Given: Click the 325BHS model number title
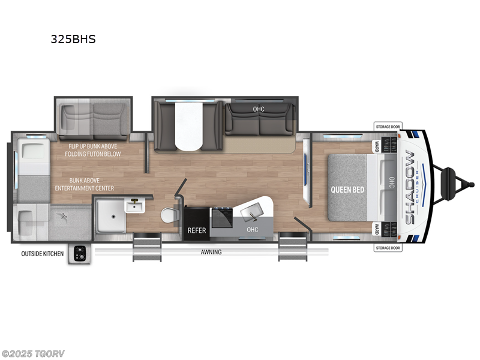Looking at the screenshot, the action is pos(73,39).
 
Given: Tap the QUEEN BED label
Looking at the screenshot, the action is pos(347,190).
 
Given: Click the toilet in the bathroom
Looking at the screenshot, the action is pos(169,215).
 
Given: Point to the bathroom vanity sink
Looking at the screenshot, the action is pos(134,205).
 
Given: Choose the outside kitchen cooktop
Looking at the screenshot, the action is pos(80,254).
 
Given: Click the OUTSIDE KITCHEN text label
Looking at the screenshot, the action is pos(42,254).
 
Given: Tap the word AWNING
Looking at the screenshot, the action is pos(211,252).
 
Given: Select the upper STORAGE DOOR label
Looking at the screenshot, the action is pos(388,127).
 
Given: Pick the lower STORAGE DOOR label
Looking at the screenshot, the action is pos(388,248).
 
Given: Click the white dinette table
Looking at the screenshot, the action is pos(188,126).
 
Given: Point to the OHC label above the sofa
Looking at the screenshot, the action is pos(259,109).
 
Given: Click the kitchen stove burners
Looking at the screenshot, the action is pos(223,217).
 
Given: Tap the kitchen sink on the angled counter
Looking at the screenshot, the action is pos(252,212).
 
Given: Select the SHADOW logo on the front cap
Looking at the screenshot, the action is pos(410,187).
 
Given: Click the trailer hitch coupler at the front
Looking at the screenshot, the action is pos(472,184).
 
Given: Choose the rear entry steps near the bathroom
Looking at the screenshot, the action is pos(147,247).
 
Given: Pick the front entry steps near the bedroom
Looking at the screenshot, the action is pos(293,247).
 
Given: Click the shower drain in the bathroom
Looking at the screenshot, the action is pos(113,216).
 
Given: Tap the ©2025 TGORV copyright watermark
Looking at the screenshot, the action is pos(32,354).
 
